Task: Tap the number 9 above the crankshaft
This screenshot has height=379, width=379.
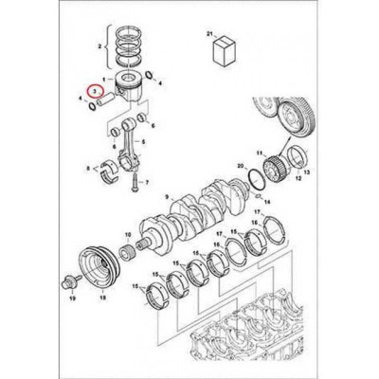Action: (x=166, y=197)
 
